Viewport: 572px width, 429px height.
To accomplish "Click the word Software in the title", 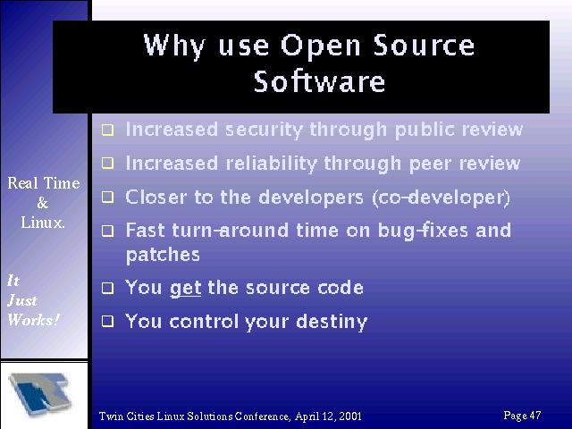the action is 319,81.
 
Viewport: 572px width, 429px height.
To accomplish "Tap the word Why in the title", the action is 174,46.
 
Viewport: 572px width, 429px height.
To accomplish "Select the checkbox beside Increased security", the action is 107,130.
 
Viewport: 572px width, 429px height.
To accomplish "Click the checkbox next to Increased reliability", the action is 107,163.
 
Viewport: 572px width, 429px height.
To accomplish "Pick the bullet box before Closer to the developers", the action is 107,197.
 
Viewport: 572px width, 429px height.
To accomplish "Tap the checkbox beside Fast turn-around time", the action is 107,231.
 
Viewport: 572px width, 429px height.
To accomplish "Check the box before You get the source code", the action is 107,288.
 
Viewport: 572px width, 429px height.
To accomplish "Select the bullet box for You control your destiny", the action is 107,322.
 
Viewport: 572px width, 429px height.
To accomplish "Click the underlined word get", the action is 186,289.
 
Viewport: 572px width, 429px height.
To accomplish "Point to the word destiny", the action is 332,322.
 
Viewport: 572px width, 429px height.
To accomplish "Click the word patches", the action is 163,255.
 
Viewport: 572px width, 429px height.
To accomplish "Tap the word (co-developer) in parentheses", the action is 441,198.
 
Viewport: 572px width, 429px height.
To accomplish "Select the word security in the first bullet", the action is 264,130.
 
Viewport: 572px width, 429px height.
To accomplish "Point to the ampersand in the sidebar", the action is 43,203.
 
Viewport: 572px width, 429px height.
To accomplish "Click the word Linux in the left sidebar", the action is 43,223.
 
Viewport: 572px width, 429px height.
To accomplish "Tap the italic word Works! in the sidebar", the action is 33,320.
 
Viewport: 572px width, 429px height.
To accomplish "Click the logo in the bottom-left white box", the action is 40,394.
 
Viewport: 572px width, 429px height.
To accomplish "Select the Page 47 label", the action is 522,415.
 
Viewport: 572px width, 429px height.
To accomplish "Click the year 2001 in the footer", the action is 350,416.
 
